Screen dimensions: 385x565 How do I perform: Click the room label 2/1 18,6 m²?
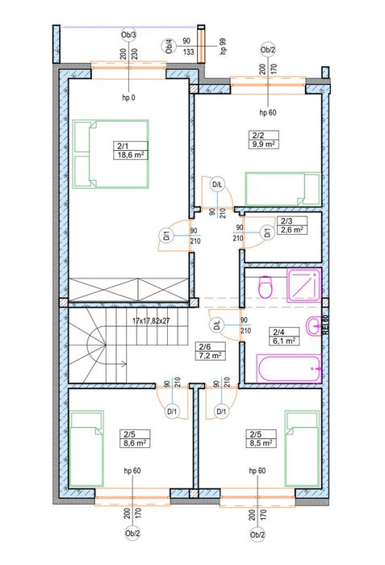click(131, 151)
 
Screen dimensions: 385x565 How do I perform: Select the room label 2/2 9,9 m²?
click(263, 140)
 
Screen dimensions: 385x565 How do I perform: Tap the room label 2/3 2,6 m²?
click(292, 225)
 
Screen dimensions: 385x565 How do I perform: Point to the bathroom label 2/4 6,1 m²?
click(284, 337)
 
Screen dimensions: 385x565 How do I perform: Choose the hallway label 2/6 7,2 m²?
click(210, 351)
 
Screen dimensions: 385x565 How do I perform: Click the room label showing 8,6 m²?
click(135, 438)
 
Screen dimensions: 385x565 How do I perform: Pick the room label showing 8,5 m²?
click(262, 438)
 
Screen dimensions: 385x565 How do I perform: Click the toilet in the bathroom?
click(266, 287)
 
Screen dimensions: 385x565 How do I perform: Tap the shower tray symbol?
click(303, 286)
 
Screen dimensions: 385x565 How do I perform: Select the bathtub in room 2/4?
click(288, 368)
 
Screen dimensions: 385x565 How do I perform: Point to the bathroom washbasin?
click(313, 326)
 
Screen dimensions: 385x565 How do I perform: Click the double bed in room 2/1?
click(111, 154)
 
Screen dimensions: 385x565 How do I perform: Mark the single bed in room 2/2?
click(283, 189)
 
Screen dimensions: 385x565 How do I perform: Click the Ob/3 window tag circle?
click(128, 35)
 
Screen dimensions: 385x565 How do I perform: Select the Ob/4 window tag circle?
click(169, 47)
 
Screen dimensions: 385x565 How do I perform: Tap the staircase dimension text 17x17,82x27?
click(152, 320)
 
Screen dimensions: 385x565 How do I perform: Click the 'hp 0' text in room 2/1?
click(128, 98)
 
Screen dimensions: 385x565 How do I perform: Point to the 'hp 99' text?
click(224, 46)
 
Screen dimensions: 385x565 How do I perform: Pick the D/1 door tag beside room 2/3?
click(267, 232)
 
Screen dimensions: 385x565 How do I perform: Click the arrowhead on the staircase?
click(125, 364)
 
